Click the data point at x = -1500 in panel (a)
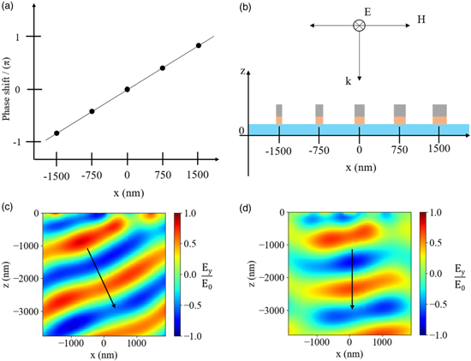(57, 133)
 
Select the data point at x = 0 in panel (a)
(128, 89)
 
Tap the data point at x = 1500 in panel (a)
(199, 45)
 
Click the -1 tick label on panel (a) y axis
(17, 142)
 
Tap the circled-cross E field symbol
(360, 27)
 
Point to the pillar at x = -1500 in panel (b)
(279, 115)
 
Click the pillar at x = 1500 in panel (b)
(439, 115)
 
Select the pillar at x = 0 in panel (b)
(360, 115)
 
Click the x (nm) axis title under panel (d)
(349, 352)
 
